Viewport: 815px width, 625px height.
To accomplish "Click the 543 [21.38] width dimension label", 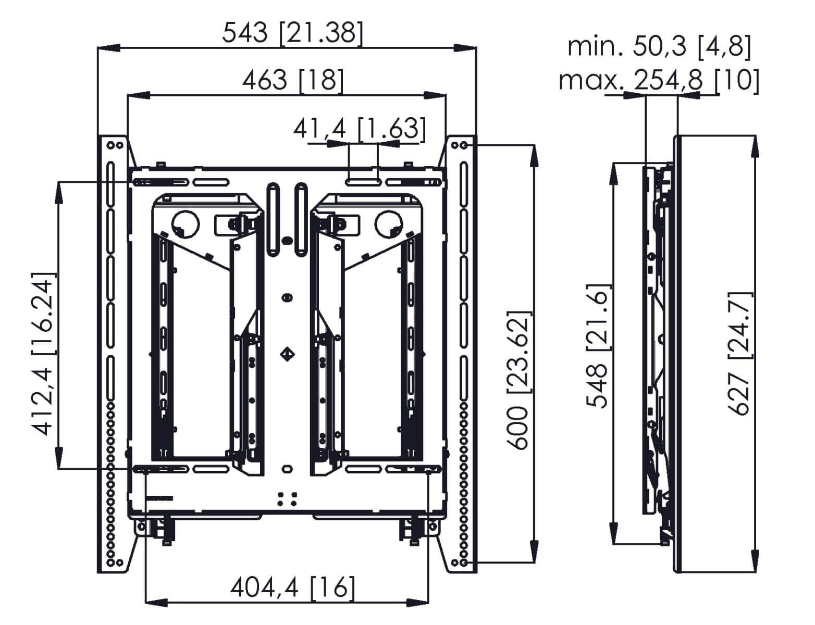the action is pyautogui.click(x=292, y=33).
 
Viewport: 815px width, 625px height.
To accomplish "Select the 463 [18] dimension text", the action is pyautogui.click(x=292, y=80).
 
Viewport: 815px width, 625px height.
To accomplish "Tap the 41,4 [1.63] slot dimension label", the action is pyautogui.click(x=360, y=129).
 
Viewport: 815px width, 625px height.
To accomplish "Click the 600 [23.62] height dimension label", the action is pyautogui.click(x=519, y=380).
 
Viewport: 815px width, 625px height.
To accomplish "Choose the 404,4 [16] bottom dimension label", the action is pyautogui.click(x=292, y=587).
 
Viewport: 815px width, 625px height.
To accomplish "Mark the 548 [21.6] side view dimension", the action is pyautogui.click(x=598, y=346).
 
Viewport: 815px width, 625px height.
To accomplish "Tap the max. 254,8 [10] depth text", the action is pyautogui.click(x=659, y=80).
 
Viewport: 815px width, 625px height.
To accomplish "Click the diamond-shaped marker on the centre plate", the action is pyautogui.click(x=287, y=354).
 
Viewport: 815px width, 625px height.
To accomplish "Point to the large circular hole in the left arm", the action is pyautogui.click(x=186, y=223).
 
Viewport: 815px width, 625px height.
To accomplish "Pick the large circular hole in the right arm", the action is pyautogui.click(x=388, y=223).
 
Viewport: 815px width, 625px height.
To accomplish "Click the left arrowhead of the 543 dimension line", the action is pyautogui.click(x=109, y=48).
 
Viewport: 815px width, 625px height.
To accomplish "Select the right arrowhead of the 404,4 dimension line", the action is pyautogui.click(x=417, y=603).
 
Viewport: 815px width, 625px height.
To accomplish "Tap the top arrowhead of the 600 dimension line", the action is pyautogui.click(x=534, y=156).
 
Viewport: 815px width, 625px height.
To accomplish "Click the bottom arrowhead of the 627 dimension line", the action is pyautogui.click(x=756, y=561).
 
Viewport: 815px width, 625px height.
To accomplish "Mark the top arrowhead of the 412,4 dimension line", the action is pyautogui.click(x=58, y=193).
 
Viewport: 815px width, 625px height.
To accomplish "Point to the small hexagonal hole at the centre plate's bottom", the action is pyautogui.click(x=287, y=468).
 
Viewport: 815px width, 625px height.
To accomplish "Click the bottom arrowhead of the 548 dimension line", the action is pyautogui.click(x=613, y=532).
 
